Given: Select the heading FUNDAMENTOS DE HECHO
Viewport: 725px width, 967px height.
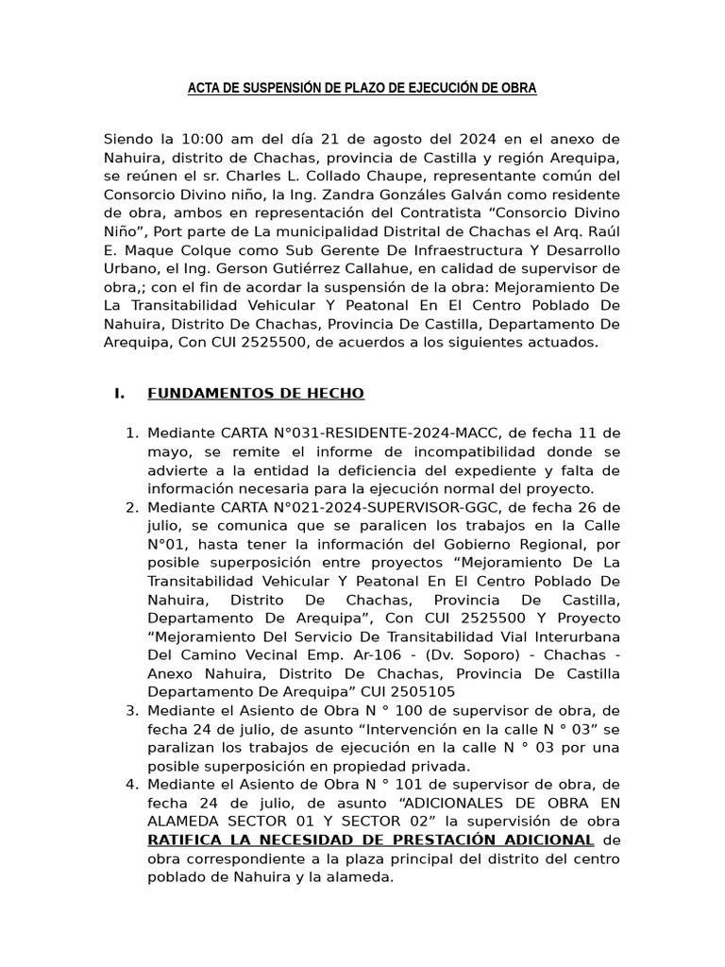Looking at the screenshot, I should [256, 393].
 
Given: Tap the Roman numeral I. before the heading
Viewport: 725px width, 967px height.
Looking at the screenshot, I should [119, 393].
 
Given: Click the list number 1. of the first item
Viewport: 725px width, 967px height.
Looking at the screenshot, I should [133, 433].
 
